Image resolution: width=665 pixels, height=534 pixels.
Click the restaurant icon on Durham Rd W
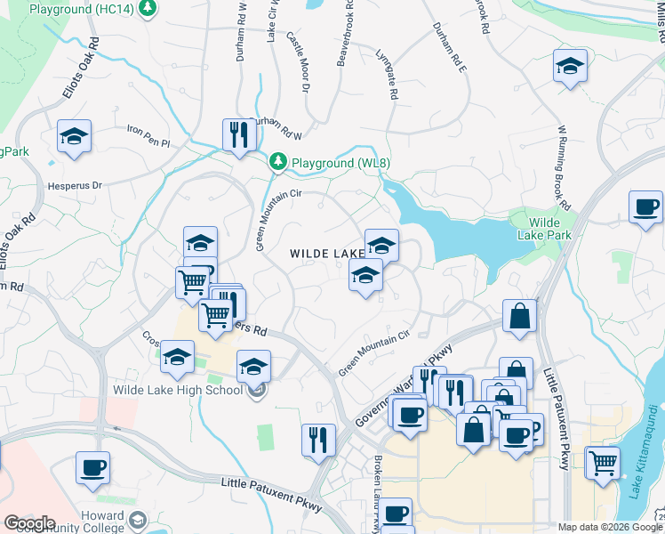point(238,135)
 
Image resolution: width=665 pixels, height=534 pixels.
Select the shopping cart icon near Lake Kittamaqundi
point(604,464)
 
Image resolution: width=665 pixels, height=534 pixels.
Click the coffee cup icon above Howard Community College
point(92,468)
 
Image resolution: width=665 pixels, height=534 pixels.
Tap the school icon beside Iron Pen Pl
point(75,137)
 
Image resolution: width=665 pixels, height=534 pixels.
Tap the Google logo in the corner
point(28,523)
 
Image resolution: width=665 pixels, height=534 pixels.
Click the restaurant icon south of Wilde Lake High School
point(318,441)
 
